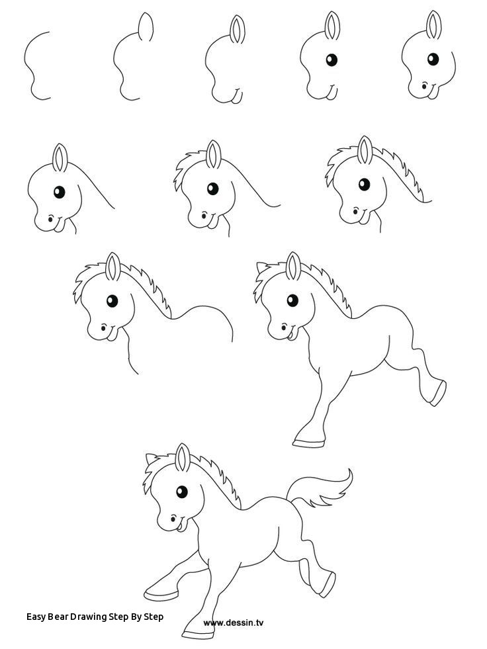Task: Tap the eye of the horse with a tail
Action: tap(181, 492)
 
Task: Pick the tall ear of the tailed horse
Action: tap(184, 458)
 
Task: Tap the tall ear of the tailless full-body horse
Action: tap(292, 265)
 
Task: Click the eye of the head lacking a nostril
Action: tap(331, 61)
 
